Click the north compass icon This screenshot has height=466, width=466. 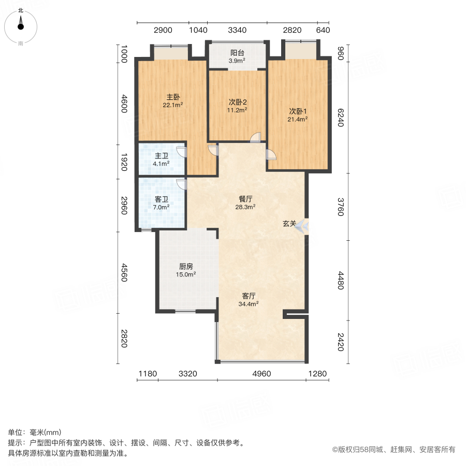pyautogui.click(x=21, y=24)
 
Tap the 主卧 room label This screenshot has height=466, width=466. pyautogui.click(x=173, y=97)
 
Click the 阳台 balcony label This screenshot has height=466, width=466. pyautogui.click(x=237, y=53)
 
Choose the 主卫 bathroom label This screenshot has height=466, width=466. pyautogui.click(x=161, y=156)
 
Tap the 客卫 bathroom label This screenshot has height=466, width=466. pyautogui.click(x=161, y=199)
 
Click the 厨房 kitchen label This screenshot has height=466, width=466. pyautogui.click(x=186, y=266)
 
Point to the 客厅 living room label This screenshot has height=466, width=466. pyautogui.click(x=249, y=296)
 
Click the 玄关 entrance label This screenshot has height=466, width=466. pyautogui.click(x=289, y=224)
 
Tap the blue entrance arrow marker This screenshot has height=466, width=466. pyautogui.click(x=304, y=226)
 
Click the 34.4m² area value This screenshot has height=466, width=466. pyautogui.click(x=249, y=304)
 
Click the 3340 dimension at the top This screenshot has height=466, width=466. pyautogui.click(x=237, y=30)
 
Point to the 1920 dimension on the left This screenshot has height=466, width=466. pyautogui.click(x=124, y=161)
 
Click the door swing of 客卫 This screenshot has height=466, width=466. pyautogui.click(x=181, y=184)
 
